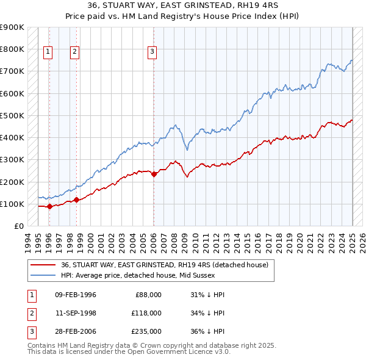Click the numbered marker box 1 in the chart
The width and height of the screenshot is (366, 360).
[x=48, y=52]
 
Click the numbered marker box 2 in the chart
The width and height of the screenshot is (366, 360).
[x=74, y=52]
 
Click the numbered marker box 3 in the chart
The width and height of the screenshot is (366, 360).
[x=152, y=52]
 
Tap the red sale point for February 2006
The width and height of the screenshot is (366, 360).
[x=154, y=174]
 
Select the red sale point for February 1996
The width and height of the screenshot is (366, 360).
[x=49, y=206]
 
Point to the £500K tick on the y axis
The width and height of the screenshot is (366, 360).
[x=13, y=115]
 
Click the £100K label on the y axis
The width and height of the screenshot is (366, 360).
[x=13, y=204]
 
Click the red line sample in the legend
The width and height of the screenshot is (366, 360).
[x=42, y=265]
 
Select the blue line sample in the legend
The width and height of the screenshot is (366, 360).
[x=42, y=275]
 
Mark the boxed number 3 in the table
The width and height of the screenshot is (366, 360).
[x=30, y=331]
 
